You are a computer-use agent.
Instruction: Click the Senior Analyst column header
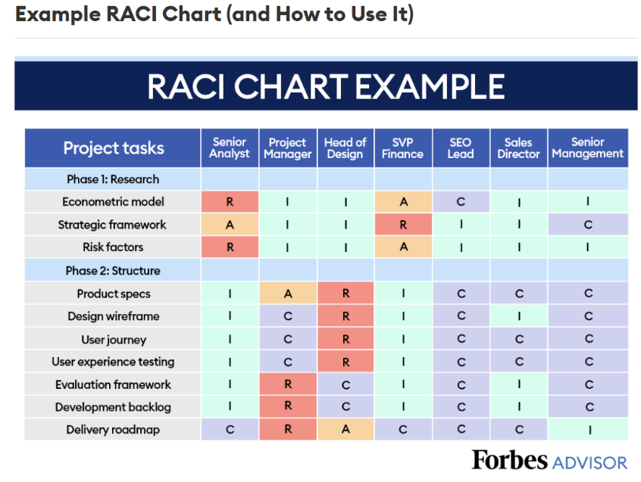pos(230,148)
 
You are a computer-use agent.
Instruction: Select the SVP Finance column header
pos(402,148)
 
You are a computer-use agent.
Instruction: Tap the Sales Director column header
pos(518,148)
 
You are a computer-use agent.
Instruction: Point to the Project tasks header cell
pos(113,148)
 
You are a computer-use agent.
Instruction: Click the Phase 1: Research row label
pos(113,179)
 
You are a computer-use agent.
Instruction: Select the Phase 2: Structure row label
pos(113,271)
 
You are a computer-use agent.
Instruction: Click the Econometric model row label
pos(113,201)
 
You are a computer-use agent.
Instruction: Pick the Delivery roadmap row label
pos(113,429)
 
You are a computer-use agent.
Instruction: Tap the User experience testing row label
pos(113,362)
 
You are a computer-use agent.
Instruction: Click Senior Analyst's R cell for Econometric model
pos(230,201)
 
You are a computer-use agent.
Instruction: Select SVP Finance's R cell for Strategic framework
pos(403,225)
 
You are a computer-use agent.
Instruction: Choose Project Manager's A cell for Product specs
pos(288,293)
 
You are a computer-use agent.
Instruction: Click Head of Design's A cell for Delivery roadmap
pos(346,429)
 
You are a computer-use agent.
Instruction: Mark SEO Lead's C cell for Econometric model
pos(461,201)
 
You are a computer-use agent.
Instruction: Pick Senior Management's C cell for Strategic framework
pos(588,225)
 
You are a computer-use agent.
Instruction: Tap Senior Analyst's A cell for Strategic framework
pos(230,225)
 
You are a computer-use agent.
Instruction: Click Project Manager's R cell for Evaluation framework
pos(288,384)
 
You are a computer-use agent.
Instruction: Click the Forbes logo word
pos(509,460)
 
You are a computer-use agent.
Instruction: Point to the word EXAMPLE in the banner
pos(430,86)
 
